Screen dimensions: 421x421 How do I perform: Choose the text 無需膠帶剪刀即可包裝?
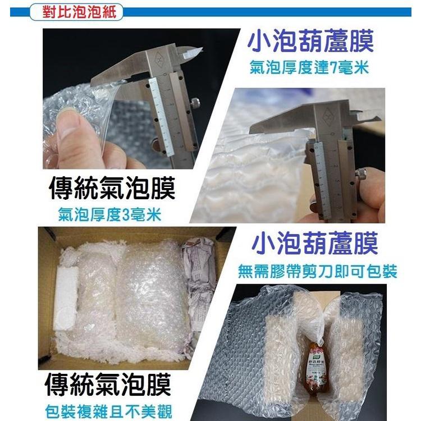tap(318, 272)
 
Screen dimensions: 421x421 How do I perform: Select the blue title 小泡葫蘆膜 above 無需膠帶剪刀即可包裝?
tap(315, 245)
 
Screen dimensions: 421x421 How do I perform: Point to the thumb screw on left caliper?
tap(195, 103)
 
